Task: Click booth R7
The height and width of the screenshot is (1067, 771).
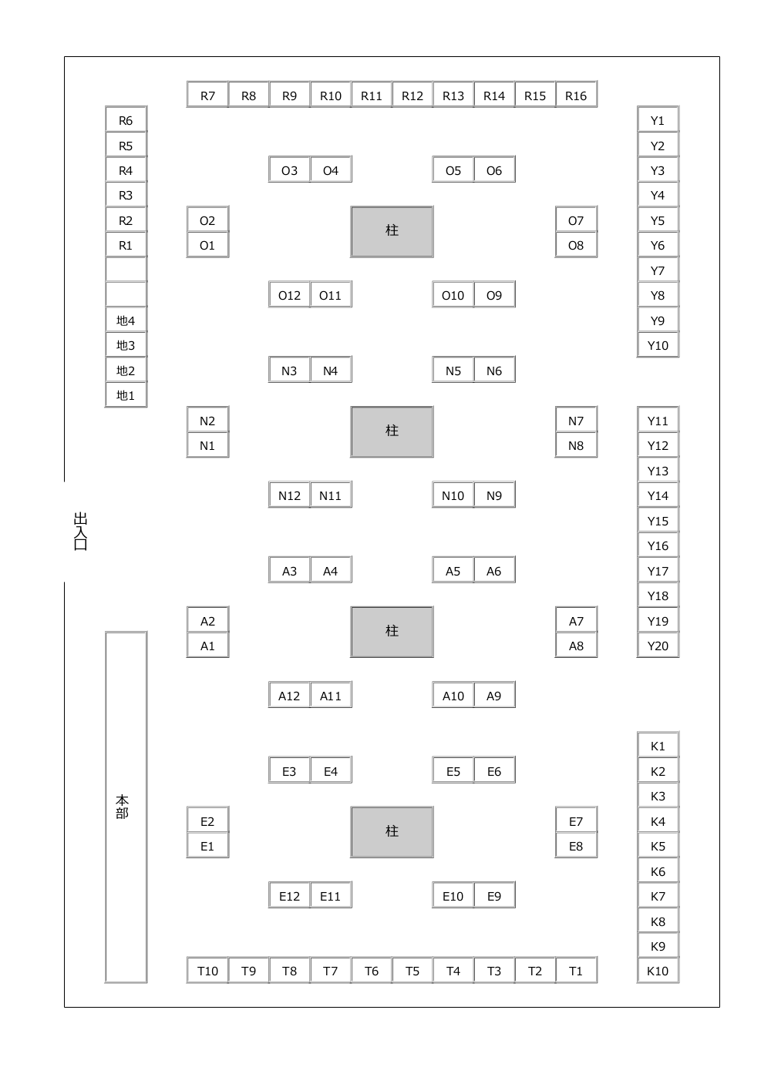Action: coord(207,95)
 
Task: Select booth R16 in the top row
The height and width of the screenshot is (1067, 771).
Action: coord(576,95)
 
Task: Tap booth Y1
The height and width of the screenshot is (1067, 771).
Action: coord(658,119)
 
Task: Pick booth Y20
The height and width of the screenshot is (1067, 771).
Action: coord(658,645)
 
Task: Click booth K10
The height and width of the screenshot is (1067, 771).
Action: coord(658,970)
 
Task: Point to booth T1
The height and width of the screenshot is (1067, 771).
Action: coord(576,970)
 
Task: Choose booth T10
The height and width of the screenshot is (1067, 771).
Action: coord(207,970)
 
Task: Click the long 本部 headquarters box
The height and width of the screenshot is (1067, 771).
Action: coord(126,807)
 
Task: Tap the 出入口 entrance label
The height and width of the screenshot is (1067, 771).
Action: coord(81,531)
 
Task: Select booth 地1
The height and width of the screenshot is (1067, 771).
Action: coord(126,394)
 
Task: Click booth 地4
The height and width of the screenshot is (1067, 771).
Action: coord(126,320)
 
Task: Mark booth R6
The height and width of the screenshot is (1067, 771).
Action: coord(126,119)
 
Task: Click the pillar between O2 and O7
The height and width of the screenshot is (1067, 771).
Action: coord(392,231)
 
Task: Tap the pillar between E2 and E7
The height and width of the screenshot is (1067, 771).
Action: coord(392,832)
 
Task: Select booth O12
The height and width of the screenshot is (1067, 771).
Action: coord(289,294)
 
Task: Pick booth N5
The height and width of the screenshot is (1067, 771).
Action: coord(453,370)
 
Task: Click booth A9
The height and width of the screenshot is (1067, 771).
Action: coord(494,695)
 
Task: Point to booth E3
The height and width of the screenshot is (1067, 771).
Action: coord(289,770)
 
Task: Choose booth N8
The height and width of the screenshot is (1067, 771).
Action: coord(576,445)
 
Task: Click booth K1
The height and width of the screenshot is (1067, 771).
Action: coord(658,746)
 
